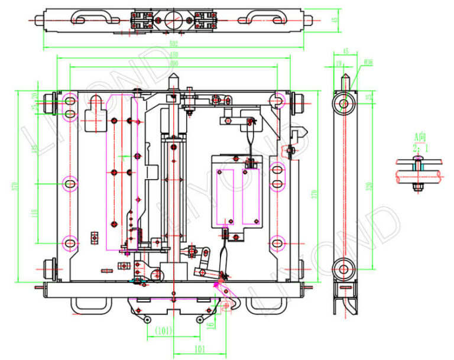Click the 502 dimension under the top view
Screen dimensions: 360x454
coord(174,43)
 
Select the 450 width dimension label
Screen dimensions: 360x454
coord(174,54)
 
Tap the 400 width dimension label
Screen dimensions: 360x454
coord(174,63)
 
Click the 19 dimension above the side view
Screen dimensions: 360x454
coord(339,61)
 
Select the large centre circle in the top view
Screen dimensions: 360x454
coord(174,18)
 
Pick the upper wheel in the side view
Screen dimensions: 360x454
coord(343,103)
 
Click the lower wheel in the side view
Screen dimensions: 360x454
coord(343,269)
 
